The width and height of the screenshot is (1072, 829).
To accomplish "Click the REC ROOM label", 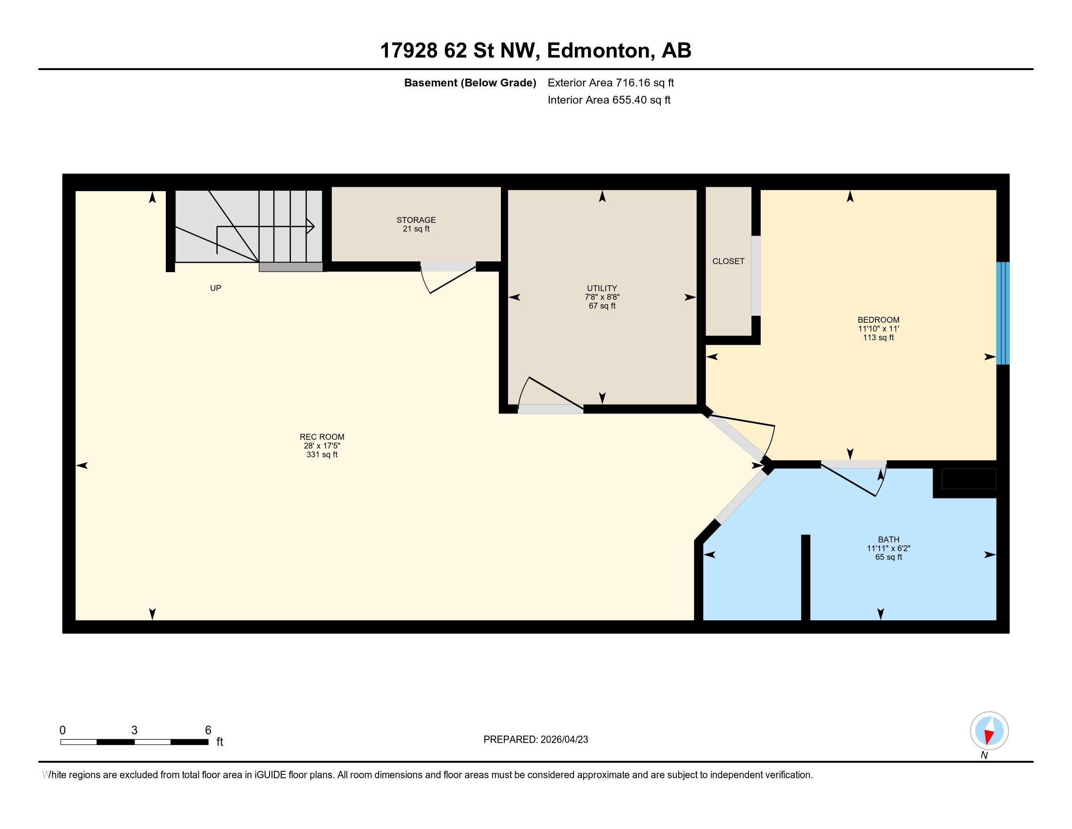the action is [x=322, y=436].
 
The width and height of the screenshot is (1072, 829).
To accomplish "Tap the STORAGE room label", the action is [x=416, y=220].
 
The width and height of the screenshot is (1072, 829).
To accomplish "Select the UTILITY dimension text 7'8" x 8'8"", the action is [x=602, y=297].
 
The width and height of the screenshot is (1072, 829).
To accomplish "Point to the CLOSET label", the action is [x=728, y=261].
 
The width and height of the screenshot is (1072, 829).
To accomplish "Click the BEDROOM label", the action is [x=879, y=320].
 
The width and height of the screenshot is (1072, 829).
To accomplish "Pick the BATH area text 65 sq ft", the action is [x=889, y=557].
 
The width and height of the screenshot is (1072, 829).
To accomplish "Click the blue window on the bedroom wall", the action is [x=1003, y=314].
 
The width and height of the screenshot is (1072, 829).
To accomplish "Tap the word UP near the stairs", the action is [x=215, y=288].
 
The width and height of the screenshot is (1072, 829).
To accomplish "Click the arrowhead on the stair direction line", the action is [x=311, y=226].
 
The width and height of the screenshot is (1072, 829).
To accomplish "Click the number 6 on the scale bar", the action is [x=208, y=730].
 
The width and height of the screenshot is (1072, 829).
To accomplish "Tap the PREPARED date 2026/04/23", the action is [x=563, y=740].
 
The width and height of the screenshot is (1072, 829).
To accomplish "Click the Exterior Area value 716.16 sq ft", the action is [x=645, y=83].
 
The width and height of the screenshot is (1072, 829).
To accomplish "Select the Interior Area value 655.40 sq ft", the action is [x=641, y=100].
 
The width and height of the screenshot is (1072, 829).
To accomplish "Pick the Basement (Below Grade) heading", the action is [x=470, y=83].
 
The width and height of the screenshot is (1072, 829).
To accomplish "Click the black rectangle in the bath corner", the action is [x=968, y=479].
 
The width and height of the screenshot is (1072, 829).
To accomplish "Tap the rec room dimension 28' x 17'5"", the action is [x=322, y=446].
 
